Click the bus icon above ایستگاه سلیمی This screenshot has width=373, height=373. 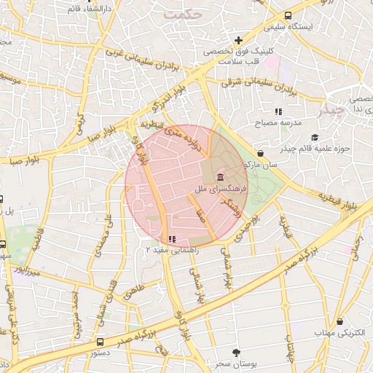tap(289, 15)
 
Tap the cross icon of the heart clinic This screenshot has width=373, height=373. tap(237, 40)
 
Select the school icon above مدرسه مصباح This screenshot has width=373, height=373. tap(278, 111)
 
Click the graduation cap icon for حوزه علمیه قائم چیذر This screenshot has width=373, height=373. tap(314, 137)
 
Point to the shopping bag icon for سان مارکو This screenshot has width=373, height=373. tap(261, 153)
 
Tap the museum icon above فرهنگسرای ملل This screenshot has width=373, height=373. tap(220, 178)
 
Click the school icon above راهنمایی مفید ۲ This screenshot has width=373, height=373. tap(172, 239)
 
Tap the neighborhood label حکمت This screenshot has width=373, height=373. tap(182, 14)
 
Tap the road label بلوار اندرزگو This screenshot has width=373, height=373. tap(176, 97)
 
